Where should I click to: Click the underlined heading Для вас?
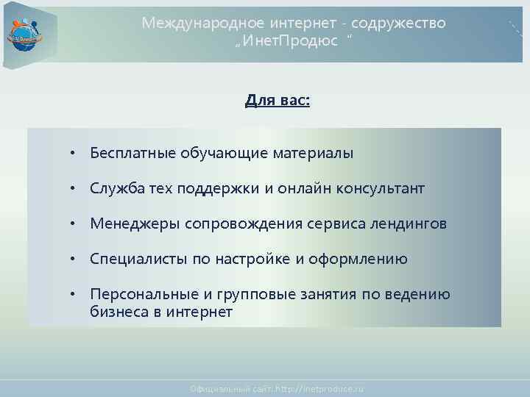pyautogui.click(x=278, y=100)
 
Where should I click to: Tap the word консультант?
pyautogui.click(x=381, y=188)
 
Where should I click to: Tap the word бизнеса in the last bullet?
pyautogui.click(x=116, y=312)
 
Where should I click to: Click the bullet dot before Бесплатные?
pyautogui.click(x=73, y=153)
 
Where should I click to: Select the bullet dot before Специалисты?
pyautogui.click(x=73, y=259)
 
